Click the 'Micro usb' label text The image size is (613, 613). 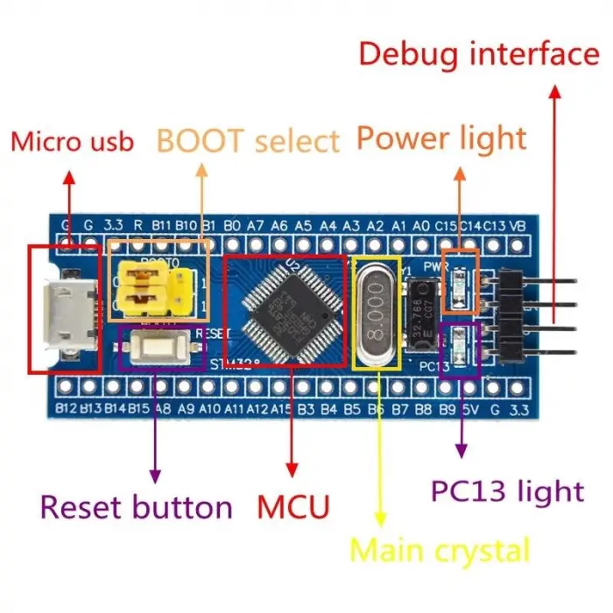pyautogui.click(x=72, y=141)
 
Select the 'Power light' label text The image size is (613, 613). pyautogui.click(x=441, y=137)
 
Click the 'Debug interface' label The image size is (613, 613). pyautogui.click(x=479, y=54)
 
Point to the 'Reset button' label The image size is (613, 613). pyautogui.click(x=137, y=506)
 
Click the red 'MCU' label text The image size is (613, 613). pyautogui.click(x=293, y=506)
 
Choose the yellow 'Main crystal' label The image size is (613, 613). pyautogui.click(x=440, y=551)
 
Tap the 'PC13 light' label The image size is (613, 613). pyautogui.click(x=507, y=490)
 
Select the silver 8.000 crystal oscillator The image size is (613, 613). pyautogui.click(x=377, y=312)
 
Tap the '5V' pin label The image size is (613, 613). pyautogui.click(x=471, y=408)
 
